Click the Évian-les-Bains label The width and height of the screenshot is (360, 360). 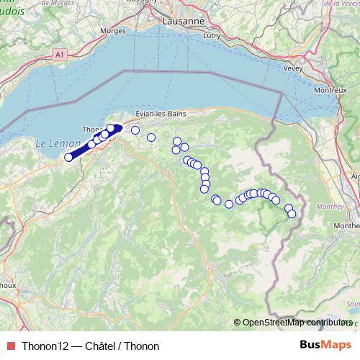point(163,114)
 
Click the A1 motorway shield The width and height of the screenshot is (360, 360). point(59,55)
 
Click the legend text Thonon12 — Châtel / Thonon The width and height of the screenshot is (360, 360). point(90,346)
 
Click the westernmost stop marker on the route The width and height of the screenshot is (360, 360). point(68,157)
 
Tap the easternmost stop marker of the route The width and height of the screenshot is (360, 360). point(292,214)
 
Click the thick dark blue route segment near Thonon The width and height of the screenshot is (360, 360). point(90,143)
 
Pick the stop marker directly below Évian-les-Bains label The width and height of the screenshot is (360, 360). point(151,138)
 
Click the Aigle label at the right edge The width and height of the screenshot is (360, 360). point(355,175)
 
